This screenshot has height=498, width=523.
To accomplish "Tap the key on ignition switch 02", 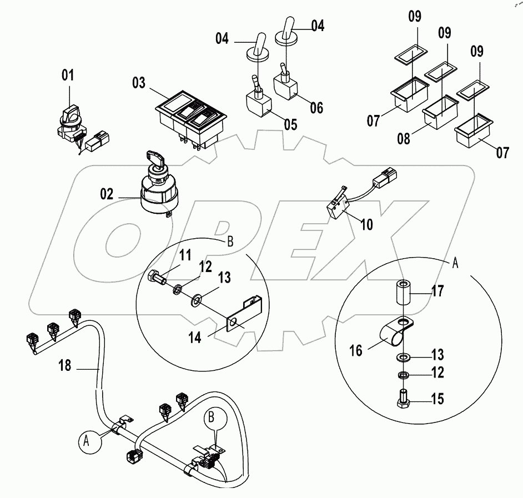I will (154, 158).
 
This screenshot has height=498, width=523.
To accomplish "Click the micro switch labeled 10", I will (337, 205).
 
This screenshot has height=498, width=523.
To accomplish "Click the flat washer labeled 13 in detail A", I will (403, 355).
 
